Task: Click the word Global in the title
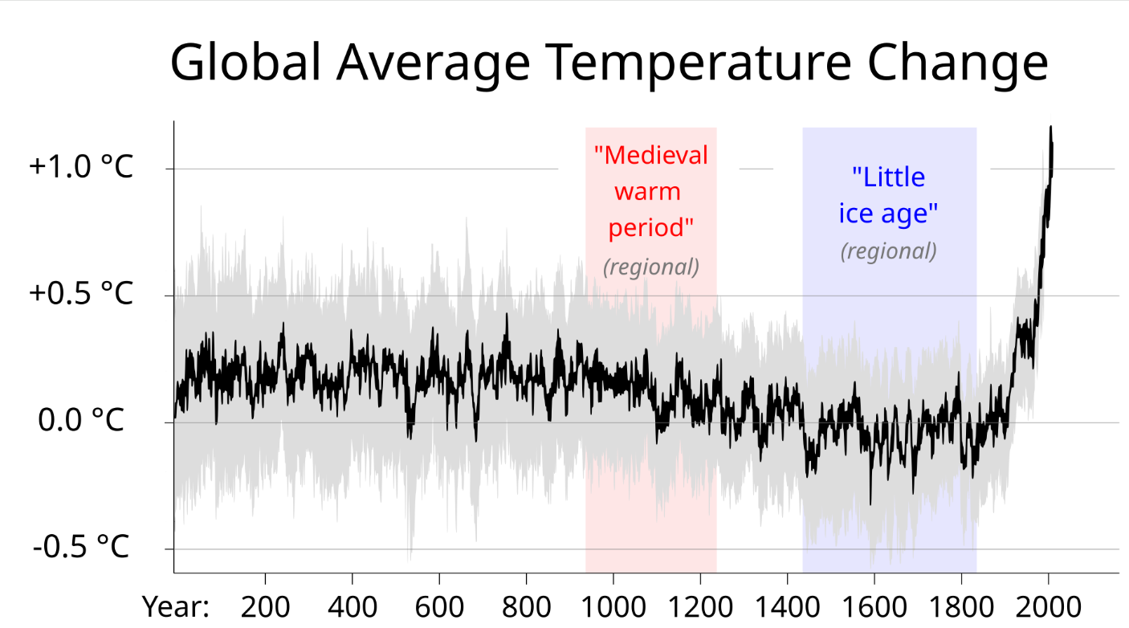[x=246, y=62]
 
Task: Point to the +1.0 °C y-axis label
[x=80, y=165]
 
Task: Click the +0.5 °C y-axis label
[x=80, y=293]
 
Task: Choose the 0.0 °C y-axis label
[x=80, y=419]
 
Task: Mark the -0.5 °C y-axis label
[x=80, y=546]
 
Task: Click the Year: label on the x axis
[x=175, y=606]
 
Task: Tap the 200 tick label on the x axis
[x=265, y=607]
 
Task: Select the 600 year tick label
[x=439, y=607]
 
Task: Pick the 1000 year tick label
[x=613, y=607]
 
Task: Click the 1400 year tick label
[x=787, y=607]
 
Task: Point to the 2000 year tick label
[x=1049, y=607]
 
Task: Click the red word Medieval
[x=650, y=155]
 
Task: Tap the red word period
[x=650, y=228]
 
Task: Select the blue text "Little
[x=888, y=177]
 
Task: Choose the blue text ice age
[x=888, y=214]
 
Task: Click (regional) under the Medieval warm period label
[x=650, y=267]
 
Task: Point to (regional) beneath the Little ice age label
[x=888, y=251]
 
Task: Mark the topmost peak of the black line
[x=1050, y=127]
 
